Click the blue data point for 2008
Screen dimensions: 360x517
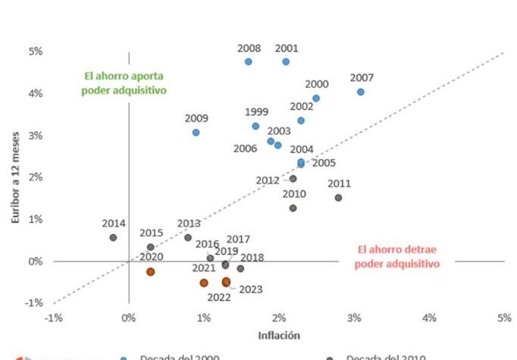click(x=248, y=61)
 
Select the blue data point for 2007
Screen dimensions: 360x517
click(x=361, y=92)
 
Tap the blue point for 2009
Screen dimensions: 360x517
click(x=196, y=132)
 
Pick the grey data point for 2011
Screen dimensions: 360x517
click(x=338, y=198)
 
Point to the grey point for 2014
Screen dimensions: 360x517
click(x=113, y=237)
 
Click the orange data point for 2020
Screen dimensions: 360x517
click(x=151, y=271)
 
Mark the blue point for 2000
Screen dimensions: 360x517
click(x=316, y=98)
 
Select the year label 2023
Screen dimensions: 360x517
click(x=250, y=290)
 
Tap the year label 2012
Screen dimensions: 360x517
click(x=268, y=180)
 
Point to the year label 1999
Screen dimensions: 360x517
click(x=256, y=112)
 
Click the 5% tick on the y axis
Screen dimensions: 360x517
click(x=36, y=52)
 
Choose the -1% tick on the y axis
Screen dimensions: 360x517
click(x=34, y=302)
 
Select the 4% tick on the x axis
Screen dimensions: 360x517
click(x=429, y=317)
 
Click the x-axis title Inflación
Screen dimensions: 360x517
click(x=279, y=335)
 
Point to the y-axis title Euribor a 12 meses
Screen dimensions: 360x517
click(x=14, y=176)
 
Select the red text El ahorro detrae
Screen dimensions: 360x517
click(x=398, y=249)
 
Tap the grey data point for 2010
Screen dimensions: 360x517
click(x=293, y=208)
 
